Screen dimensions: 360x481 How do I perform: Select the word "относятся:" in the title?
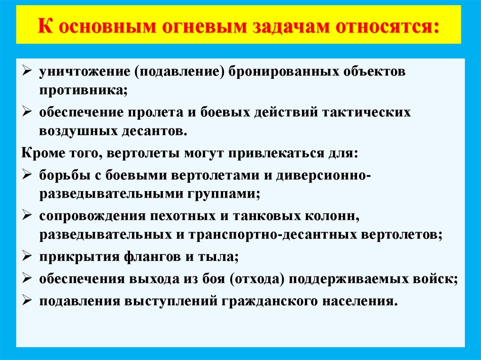(x=388, y=25)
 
